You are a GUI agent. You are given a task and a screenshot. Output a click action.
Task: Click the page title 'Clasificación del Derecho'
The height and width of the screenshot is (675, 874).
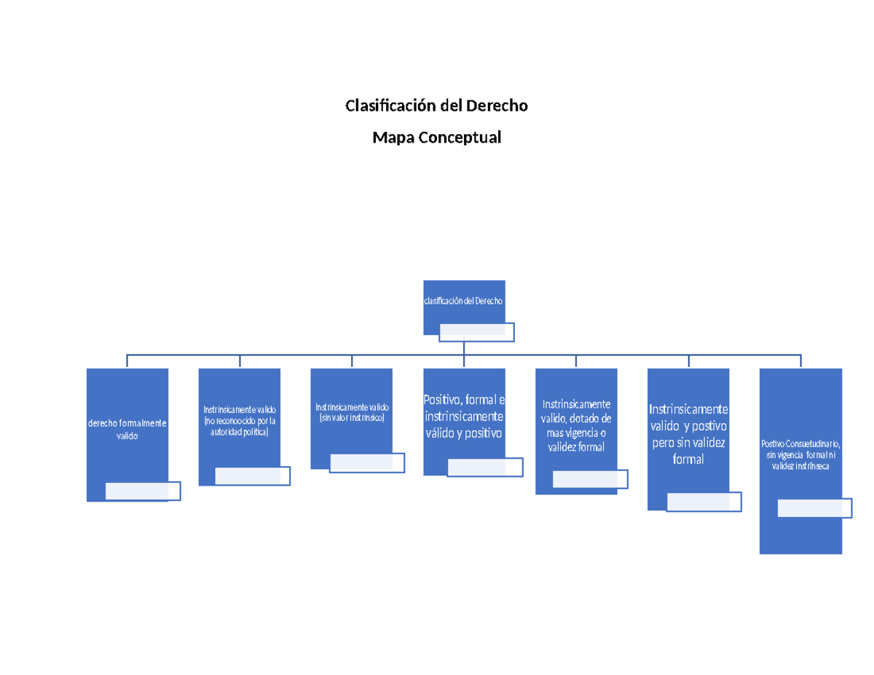(436, 106)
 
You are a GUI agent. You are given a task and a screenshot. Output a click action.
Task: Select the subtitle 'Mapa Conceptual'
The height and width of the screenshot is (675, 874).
(436, 138)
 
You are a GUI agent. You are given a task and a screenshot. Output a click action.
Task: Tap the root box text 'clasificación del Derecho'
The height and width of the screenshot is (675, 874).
(464, 301)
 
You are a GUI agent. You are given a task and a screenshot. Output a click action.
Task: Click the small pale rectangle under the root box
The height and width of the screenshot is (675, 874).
(477, 332)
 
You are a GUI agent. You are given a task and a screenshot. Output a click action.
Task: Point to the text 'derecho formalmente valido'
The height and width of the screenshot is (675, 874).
(127, 430)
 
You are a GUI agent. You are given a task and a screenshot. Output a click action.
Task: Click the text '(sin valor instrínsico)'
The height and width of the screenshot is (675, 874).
(352, 418)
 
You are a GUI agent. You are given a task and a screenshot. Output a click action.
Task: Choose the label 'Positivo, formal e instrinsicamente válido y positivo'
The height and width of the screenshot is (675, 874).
(464, 416)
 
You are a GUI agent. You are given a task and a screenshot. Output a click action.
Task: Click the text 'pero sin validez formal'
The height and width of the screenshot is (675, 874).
(688, 451)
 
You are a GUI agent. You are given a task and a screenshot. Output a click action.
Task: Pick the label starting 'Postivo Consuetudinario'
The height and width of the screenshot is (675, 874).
(800, 454)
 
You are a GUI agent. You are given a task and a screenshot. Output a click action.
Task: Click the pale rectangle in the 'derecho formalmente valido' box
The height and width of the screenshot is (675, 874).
(143, 492)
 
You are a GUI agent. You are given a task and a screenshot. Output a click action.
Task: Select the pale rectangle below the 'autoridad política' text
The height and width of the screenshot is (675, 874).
(253, 475)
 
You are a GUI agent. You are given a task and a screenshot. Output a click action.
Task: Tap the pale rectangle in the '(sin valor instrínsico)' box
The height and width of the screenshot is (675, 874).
(367, 463)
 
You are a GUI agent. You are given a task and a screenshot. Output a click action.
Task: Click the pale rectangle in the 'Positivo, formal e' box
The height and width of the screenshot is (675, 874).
(485, 467)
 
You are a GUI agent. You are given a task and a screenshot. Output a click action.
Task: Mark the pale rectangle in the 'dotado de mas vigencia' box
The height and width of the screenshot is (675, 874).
(590, 479)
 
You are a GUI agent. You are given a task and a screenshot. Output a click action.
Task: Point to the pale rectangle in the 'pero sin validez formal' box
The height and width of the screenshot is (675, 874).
(704, 502)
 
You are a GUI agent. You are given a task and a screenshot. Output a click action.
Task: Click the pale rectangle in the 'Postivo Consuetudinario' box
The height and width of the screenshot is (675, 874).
(814, 508)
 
